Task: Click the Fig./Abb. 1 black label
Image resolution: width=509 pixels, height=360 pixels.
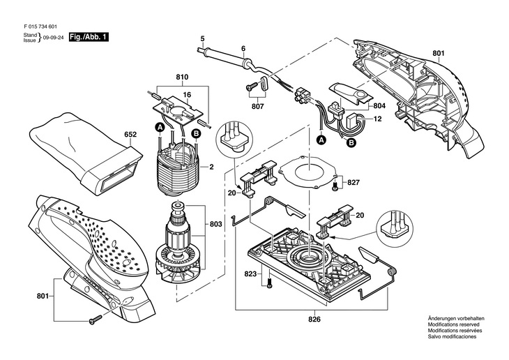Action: coord(89,37)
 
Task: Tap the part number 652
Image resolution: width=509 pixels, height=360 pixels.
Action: coord(130,135)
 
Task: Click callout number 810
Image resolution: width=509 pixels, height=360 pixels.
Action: coord(182,77)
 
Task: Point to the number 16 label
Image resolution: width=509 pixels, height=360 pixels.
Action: coord(187,95)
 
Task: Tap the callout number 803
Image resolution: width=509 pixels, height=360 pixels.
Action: coord(215,224)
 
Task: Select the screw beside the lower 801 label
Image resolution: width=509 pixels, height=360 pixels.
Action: coord(95,319)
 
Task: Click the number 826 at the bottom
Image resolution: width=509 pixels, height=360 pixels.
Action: coord(314,320)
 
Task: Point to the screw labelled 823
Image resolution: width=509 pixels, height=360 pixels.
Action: coord(269,283)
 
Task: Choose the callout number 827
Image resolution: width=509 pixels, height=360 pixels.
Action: coord(354,183)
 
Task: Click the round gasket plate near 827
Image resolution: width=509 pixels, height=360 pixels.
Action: coord(306,172)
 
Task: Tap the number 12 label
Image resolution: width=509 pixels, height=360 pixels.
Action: coord(377,119)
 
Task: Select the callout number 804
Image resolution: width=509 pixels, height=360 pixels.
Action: coord(379,106)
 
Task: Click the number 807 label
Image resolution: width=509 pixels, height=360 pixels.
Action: coord(258,106)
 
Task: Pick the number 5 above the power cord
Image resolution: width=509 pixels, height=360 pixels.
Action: coord(203,39)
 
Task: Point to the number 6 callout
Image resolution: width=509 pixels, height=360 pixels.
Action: coord(243,49)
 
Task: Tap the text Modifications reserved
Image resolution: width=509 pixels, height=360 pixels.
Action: coord(453,324)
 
